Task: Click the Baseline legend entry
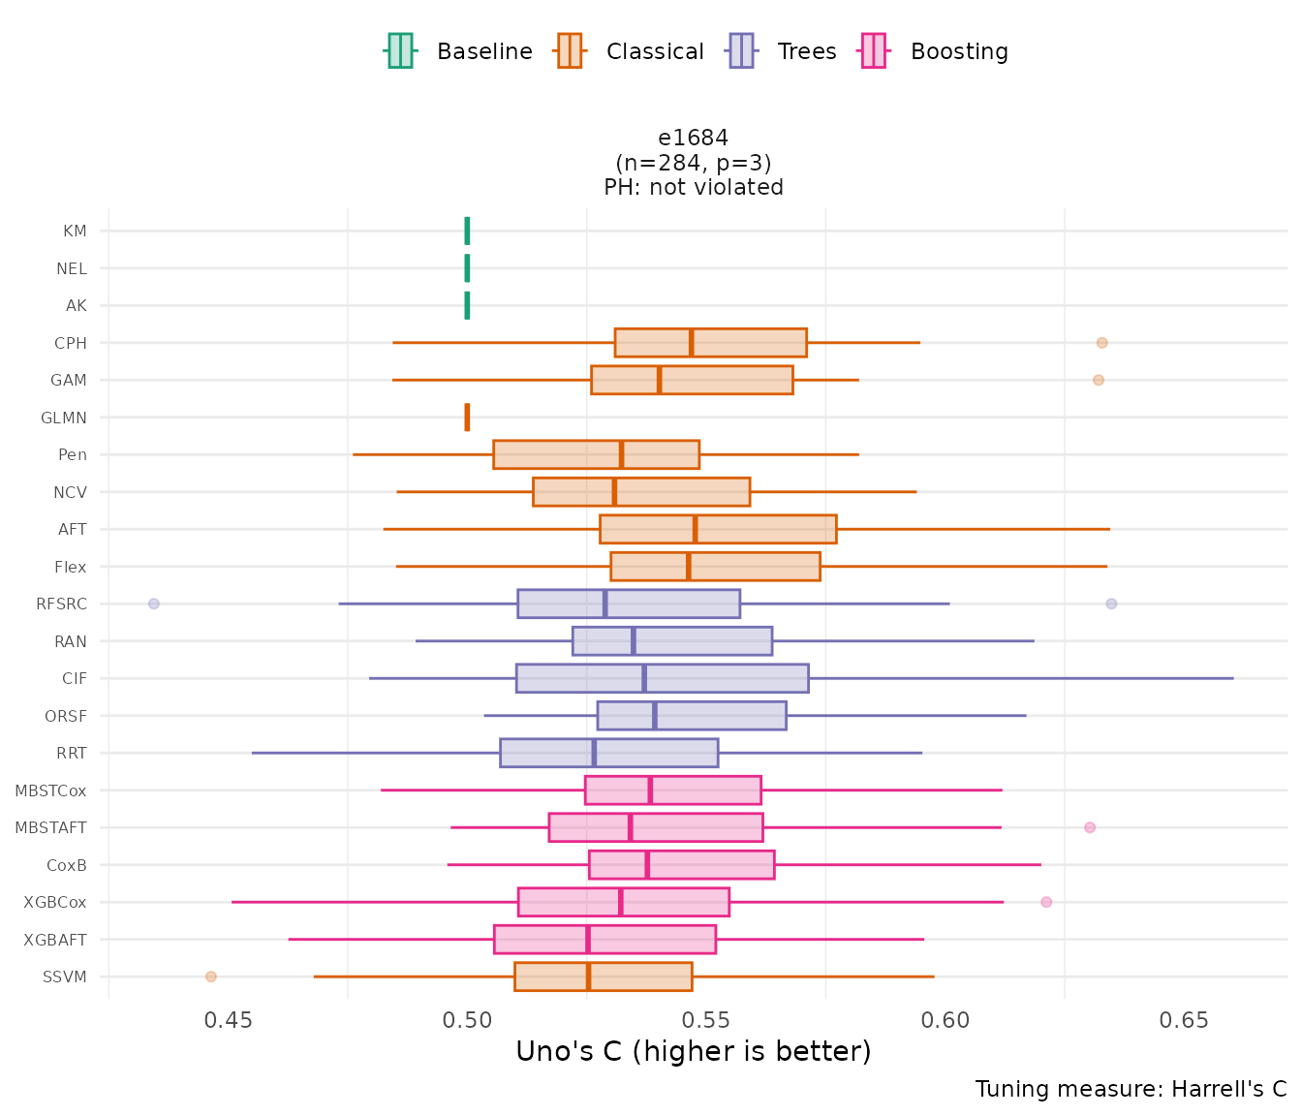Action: (x=459, y=51)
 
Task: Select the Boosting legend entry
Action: (x=935, y=51)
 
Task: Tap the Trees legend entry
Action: (x=783, y=51)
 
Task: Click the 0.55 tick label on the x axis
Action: (x=705, y=1020)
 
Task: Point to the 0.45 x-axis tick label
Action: (x=228, y=1020)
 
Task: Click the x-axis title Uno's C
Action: (x=693, y=1051)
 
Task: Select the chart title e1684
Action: (x=693, y=138)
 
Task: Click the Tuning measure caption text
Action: (x=1131, y=1089)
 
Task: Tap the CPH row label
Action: (x=71, y=343)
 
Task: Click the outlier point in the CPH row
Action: (x=1101, y=343)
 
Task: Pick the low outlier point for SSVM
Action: (x=211, y=976)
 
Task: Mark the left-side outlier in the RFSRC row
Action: (x=153, y=604)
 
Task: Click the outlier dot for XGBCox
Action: (x=1046, y=902)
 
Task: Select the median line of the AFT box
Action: (x=696, y=529)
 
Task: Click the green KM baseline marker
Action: (x=468, y=231)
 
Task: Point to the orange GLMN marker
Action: (x=468, y=418)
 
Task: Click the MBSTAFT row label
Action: (x=50, y=828)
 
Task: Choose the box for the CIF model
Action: (x=662, y=678)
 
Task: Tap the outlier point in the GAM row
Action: (x=1098, y=380)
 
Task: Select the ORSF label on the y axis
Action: (x=66, y=717)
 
